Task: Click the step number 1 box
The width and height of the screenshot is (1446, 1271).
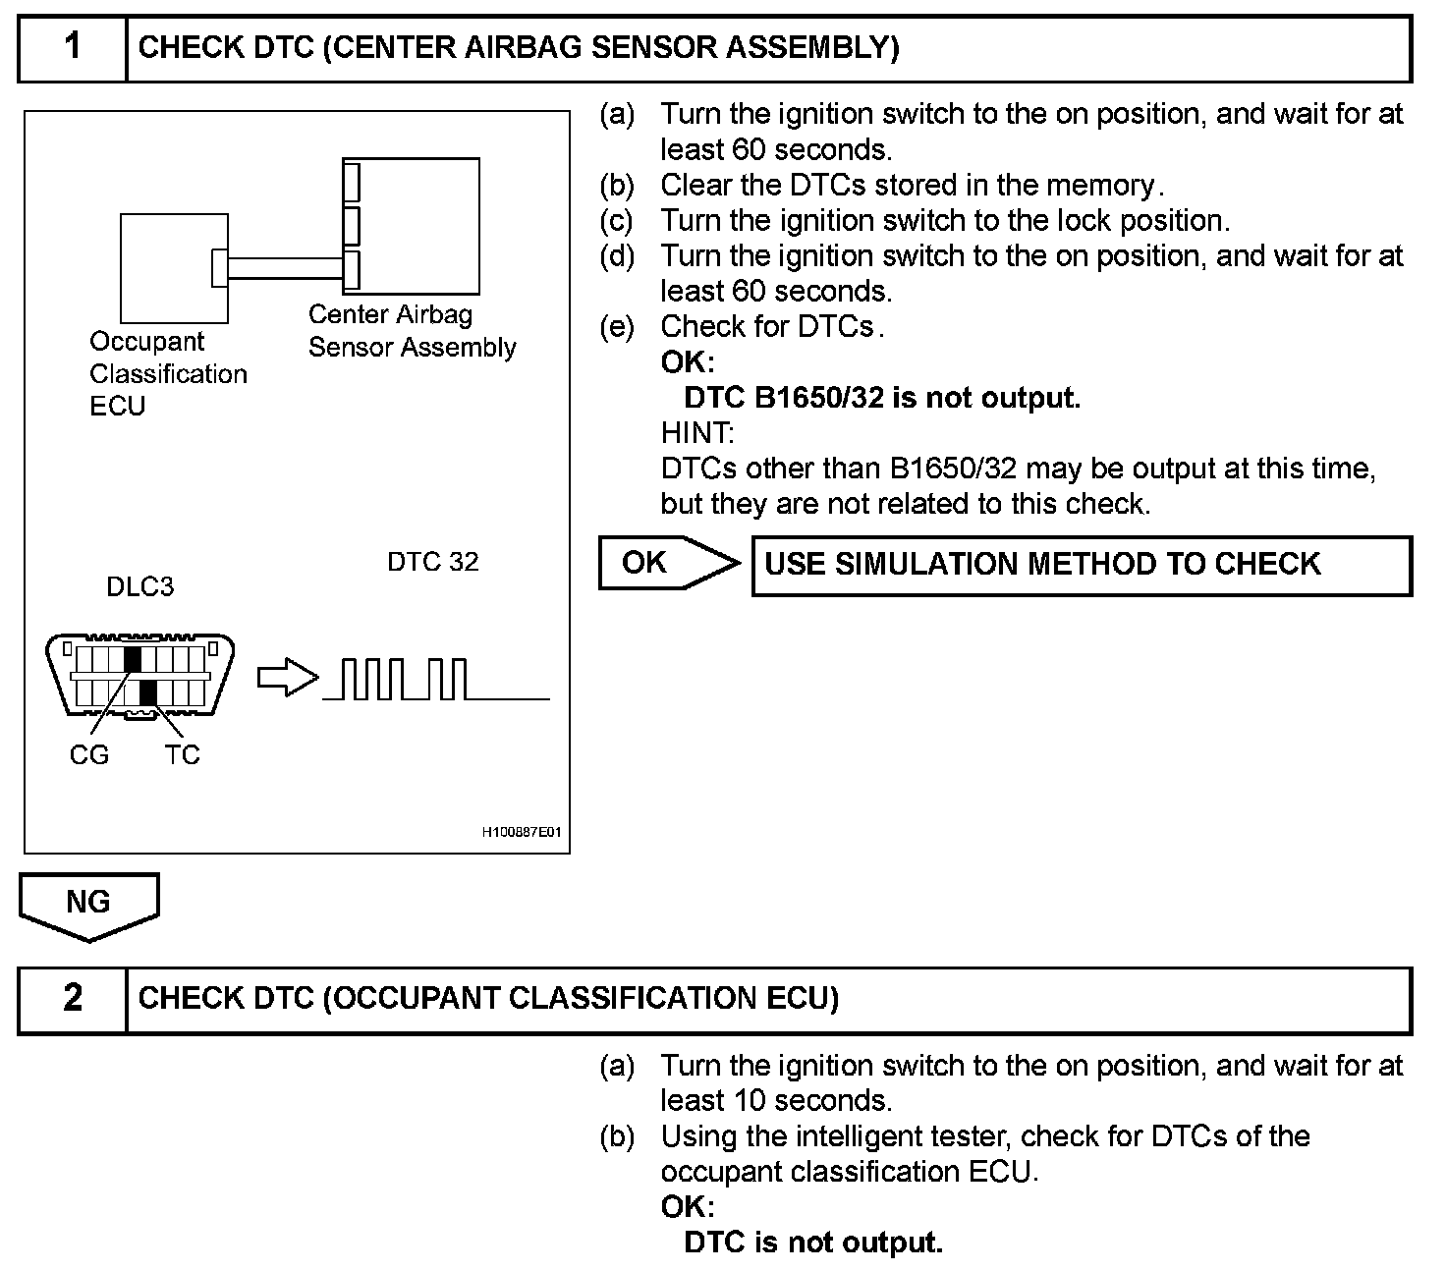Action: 73,47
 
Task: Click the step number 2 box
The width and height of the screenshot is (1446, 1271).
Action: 73,999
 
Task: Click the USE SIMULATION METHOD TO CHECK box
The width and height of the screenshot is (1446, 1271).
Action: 1081,565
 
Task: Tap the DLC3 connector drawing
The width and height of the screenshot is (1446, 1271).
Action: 140,676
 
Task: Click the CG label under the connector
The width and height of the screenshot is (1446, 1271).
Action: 89,755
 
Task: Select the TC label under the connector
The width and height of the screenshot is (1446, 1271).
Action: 183,755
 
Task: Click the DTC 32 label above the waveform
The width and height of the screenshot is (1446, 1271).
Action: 432,562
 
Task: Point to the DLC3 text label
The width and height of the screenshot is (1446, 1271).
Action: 139,587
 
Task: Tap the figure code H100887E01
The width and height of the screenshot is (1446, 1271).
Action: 521,832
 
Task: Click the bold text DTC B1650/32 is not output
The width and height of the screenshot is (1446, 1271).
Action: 881,398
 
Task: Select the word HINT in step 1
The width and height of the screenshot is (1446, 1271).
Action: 696,432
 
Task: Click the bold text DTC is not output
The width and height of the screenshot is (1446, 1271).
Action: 812,1243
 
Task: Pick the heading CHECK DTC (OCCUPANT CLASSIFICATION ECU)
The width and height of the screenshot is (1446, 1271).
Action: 488,999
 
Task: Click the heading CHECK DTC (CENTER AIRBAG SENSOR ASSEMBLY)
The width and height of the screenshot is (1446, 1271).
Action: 518,47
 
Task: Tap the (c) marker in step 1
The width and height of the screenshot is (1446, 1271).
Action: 617,221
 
